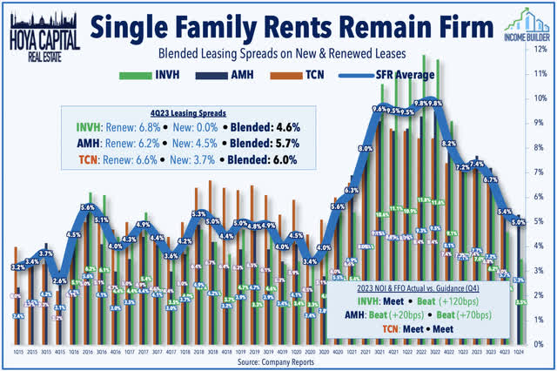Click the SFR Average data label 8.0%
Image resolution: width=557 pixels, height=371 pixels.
(365, 149)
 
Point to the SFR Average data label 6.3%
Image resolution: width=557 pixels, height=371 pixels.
(352, 190)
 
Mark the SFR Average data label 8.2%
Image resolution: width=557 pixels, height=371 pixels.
(449, 143)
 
